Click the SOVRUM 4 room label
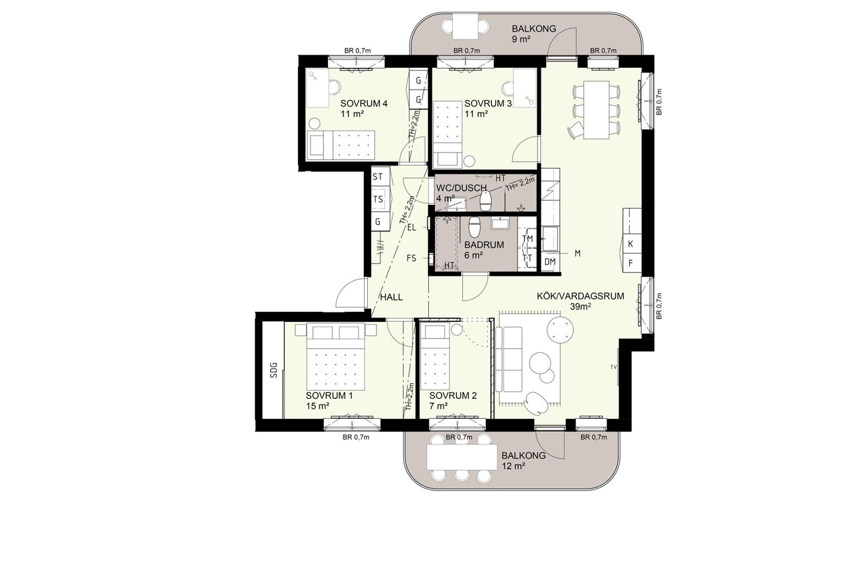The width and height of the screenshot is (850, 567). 363,103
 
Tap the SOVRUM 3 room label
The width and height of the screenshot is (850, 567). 488,103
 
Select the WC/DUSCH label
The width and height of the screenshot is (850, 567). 461,188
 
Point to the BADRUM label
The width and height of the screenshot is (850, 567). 484,245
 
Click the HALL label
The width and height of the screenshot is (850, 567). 391,297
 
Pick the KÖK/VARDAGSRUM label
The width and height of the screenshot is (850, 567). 580,296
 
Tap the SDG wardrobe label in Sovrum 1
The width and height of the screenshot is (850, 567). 274,370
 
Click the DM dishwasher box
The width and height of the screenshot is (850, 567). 550,261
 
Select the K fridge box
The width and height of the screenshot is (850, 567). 630,244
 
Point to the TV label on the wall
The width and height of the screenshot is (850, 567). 613,367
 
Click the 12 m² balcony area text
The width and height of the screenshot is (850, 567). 513,466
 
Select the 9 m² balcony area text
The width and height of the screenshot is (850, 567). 521,39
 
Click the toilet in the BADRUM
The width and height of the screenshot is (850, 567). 475,227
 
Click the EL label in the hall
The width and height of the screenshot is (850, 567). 411,228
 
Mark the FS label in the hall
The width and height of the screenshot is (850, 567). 411,258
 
